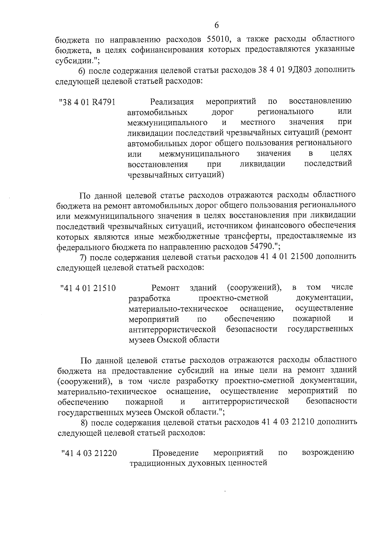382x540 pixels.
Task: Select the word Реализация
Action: pyautogui.click(x=172, y=102)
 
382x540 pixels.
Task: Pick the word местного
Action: pyautogui.click(x=258, y=123)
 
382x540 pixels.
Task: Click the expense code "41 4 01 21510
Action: pyautogui.click(x=88, y=289)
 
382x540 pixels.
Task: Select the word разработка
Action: pyautogui.click(x=149, y=299)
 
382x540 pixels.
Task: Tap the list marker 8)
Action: pyautogui.click(x=84, y=422)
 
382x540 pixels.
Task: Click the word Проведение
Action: pyautogui.click(x=176, y=453)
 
